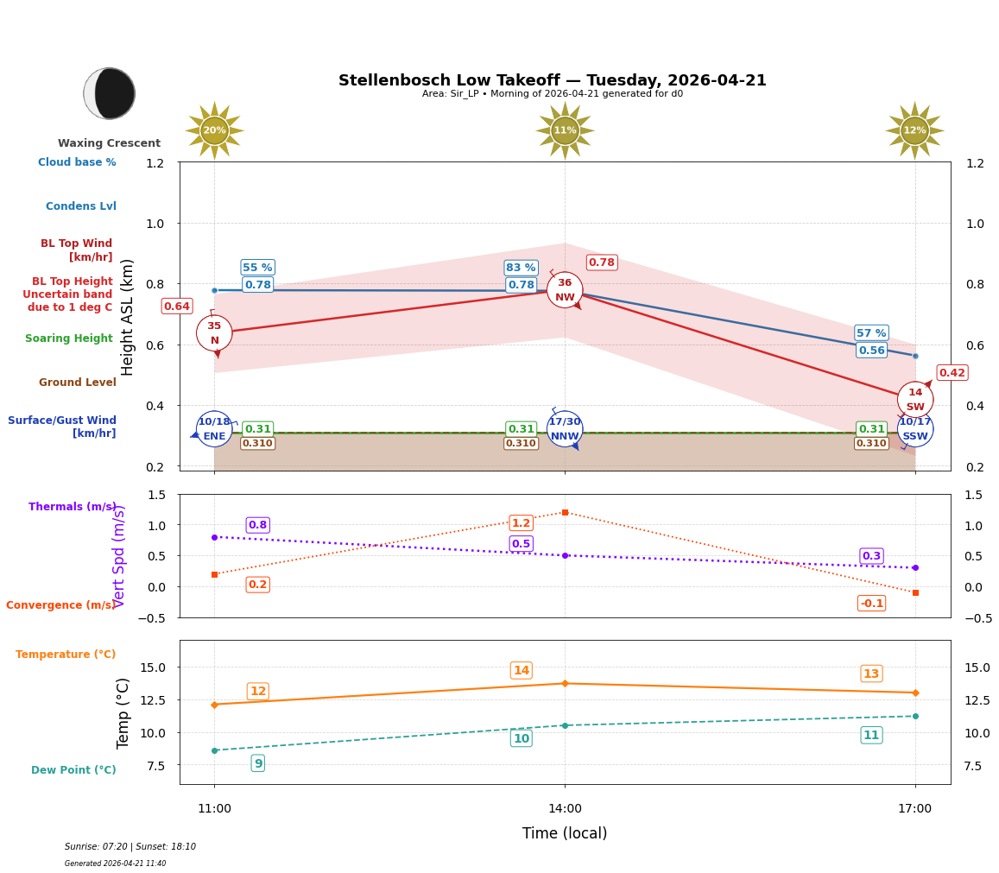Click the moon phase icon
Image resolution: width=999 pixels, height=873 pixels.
pyautogui.click(x=110, y=93)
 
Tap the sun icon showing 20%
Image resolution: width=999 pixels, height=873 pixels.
pyautogui.click(x=214, y=130)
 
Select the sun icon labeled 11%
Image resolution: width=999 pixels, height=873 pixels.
pyautogui.click(x=565, y=130)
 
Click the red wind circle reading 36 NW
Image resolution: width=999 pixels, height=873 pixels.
pyautogui.click(x=565, y=290)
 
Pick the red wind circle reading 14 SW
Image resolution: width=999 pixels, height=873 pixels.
pyautogui.click(x=915, y=399)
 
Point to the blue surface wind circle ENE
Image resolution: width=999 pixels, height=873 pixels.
pyautogui.click(x=214, y=429)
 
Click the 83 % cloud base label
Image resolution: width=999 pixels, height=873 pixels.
pyautogui.click(x=521, y=268)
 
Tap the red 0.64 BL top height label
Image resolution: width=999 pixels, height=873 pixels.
pyautogui.click(x=176, y=307)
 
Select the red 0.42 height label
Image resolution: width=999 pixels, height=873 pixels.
pyautogui.click(x=952, y=373)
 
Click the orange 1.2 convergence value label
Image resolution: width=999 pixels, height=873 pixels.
pyautogui.click(x=521, y=523)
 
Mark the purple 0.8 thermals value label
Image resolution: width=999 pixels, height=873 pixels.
pyautogui.click(x=257, y=525)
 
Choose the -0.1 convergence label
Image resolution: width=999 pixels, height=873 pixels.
pyautogui.click(x=871, y=603)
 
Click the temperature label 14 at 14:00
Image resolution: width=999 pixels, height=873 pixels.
pyautogui.click(x=521, y=671)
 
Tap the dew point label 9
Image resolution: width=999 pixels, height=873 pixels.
pyautogui.click(x=257, y=763)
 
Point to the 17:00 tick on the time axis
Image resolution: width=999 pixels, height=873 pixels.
pyautogui.click(x=914, y=809)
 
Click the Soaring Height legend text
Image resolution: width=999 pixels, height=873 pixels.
pyautogui.click(x=69, y=338)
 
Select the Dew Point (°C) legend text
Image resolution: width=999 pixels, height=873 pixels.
pyautogui.click(x=73, y=770)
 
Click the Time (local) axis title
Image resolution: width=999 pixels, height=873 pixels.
pyautogui.click(x=565, y=833)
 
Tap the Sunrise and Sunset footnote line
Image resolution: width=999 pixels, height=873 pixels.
pyautogui.click(x=130, y=847)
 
